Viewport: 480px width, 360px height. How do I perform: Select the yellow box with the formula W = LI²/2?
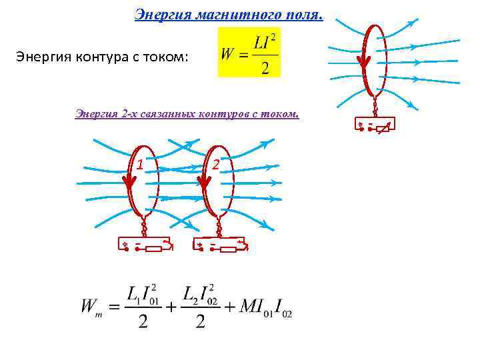(x=249, y=53)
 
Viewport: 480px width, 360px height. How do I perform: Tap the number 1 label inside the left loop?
(x=140, y=163)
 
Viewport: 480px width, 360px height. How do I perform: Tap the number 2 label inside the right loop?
(x=215, y=163)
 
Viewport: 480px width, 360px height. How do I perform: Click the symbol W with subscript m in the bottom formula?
(x=91, y=307)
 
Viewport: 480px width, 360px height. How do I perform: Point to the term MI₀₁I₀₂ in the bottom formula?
(x=260, y=307)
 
